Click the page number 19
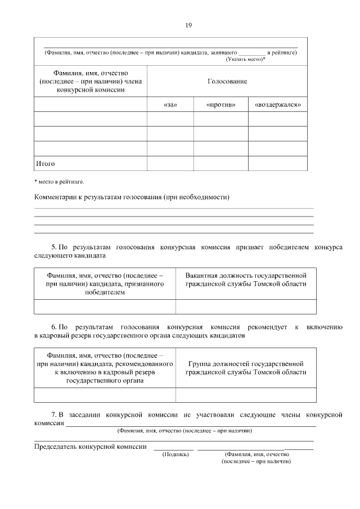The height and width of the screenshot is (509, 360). click(188, 25)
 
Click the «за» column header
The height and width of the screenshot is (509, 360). click(169, 105)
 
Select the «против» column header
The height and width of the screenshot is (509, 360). click(220, 105)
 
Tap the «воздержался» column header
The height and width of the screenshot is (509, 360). click(278, 105)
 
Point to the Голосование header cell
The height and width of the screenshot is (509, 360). click(227, 82)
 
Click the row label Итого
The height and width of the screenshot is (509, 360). click(46, 163)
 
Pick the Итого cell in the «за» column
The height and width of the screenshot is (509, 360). click(169, 163)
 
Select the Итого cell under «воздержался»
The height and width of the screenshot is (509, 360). click(278, 163)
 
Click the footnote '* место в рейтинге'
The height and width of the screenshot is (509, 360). click(59, 182)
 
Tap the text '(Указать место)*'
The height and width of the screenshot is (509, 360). click(246, 58)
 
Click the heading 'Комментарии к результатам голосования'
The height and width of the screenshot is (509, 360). click(132, 197)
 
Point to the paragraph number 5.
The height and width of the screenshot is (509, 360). click(53, 247)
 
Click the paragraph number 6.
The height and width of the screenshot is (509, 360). click(53, 326)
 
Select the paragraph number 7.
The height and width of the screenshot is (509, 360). click(53, 415)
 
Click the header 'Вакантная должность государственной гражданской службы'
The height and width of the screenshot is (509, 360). click(246, 280)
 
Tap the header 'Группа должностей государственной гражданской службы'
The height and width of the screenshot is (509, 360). click(246, 368)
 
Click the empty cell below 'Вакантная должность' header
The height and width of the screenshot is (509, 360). click(246, 307)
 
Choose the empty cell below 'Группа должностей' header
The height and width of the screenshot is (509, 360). click(246, 395)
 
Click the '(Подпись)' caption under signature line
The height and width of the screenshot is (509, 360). click(175, 454)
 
